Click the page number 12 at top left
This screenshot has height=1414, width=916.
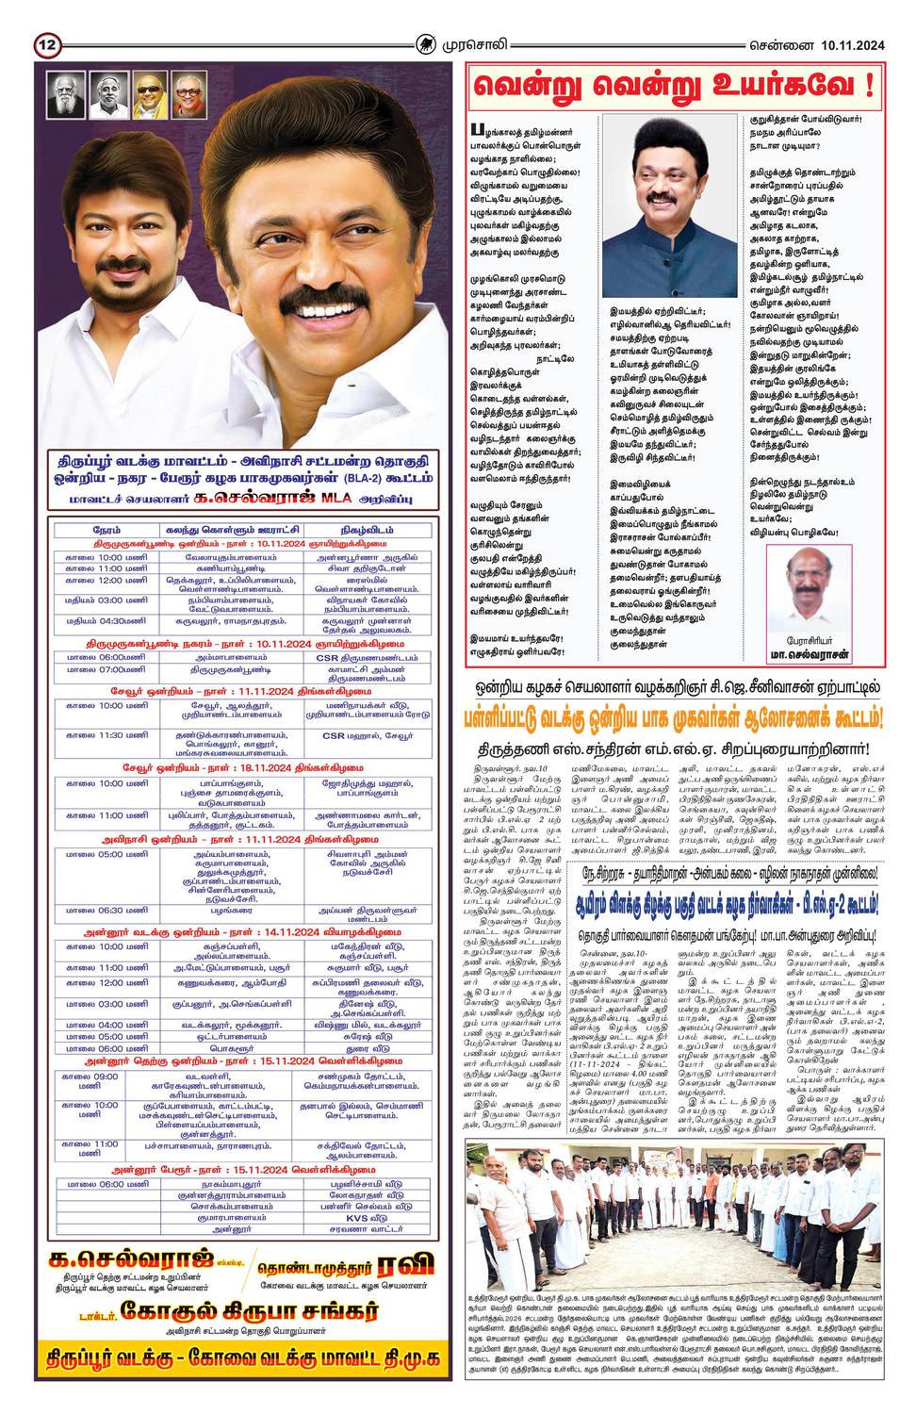(48, 44)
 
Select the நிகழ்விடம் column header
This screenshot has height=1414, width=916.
(367, 531)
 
